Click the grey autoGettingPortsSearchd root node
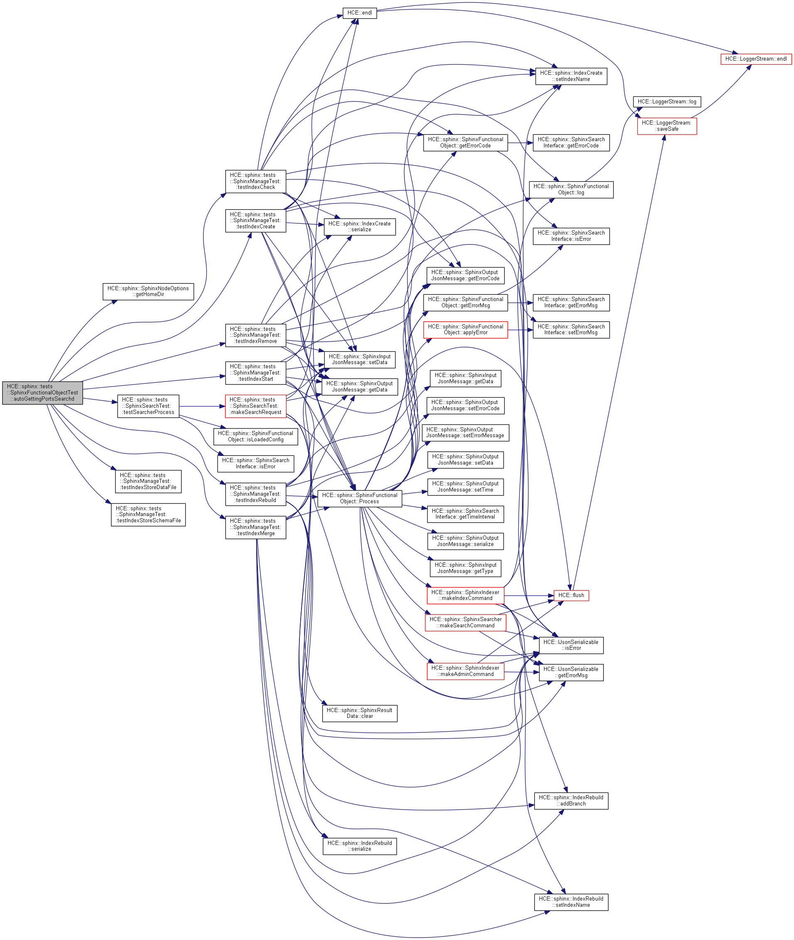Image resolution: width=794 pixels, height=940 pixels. tap(42, 392)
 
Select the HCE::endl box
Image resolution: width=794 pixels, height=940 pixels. tap(359, 13)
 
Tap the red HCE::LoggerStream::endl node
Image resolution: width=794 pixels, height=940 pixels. tap(756, 59)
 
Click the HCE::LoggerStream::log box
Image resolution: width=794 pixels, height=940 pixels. tap(667, 102)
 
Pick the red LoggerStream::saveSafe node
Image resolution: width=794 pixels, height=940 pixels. tap(667, 126)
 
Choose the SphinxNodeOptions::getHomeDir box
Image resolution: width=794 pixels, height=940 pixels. tap(148, 291)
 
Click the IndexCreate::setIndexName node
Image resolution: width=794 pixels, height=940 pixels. tap(571, 76)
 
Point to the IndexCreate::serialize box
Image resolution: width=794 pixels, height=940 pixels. tap(359, 227)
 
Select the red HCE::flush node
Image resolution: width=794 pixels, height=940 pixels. tap(571, 595)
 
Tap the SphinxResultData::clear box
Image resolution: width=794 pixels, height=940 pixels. tap(359, 713)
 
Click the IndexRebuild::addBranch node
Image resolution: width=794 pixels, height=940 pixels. tap(571, 800)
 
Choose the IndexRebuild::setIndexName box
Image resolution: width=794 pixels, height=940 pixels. tap(571, 902)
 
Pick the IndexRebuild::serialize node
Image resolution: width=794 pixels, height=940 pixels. tap(359, 846)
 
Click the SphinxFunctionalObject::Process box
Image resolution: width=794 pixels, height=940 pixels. tap(359, 498)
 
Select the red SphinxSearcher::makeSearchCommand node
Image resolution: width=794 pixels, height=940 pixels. tap(465, 622)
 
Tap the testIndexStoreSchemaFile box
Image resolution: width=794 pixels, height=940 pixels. tap(148, 514)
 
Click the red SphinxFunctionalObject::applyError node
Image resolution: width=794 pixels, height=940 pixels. tap(465, 330)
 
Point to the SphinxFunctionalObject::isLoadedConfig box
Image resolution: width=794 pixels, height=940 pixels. tap(255, 436)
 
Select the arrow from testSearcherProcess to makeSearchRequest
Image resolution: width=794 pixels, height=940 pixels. tap(202, 406)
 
